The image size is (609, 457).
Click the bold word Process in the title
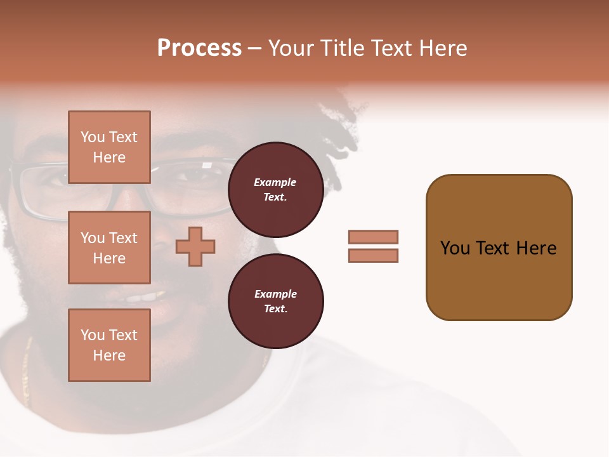coord(199,48)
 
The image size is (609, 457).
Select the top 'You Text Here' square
coord(109,147)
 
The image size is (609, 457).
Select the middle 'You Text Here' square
coord(109,248)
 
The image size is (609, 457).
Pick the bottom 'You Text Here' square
coord(109,345)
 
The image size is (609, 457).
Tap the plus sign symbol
coord(195,246)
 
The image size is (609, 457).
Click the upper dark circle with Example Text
coord(275,190)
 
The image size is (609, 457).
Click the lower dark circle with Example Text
coord(275,301)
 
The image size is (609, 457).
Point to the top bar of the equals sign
coord(373,237)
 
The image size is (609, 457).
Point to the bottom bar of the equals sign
coord(373,256)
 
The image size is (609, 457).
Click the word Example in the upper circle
coord(275,183)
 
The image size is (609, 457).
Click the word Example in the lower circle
coord(275,295)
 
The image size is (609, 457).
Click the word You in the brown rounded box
coord(455,248)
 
